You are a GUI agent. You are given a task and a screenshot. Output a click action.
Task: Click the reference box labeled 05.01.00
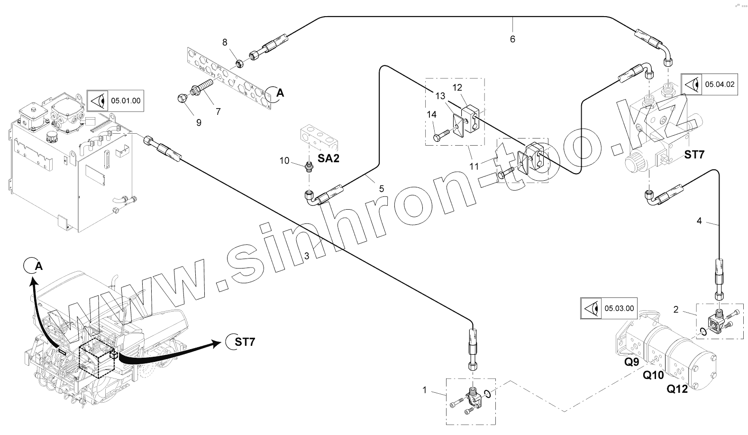point(115,100)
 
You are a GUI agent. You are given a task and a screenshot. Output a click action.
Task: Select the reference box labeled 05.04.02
point(709,84)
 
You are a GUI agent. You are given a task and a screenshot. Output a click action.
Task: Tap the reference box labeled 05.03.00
point(609,308)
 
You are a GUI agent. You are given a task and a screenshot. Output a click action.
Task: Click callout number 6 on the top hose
point(512,39)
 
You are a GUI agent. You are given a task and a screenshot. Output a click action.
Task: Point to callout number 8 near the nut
point(225,43)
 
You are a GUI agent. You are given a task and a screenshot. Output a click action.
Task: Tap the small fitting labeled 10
point(309,166)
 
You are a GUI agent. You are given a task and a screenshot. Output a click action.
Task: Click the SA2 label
point(328,158)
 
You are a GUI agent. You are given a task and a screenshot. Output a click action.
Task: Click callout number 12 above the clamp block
point(457,87)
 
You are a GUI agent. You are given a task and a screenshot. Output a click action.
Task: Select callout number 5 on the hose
point(381,188)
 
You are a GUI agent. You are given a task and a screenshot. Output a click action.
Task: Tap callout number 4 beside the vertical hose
point(699,221)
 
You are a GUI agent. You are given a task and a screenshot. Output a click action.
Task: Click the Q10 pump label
point(653,375)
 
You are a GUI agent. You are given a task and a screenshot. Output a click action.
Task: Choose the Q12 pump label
point(677,389)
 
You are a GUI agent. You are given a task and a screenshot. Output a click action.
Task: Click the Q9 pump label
point(631,362)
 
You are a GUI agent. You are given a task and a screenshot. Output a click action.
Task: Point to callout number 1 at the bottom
point(425,390)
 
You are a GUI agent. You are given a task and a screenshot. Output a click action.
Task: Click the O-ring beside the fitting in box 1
point(490,392)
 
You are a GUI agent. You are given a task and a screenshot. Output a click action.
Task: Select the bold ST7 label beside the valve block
point(694,155)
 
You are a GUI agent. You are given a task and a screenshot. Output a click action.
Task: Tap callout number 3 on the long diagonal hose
point(307,256)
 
